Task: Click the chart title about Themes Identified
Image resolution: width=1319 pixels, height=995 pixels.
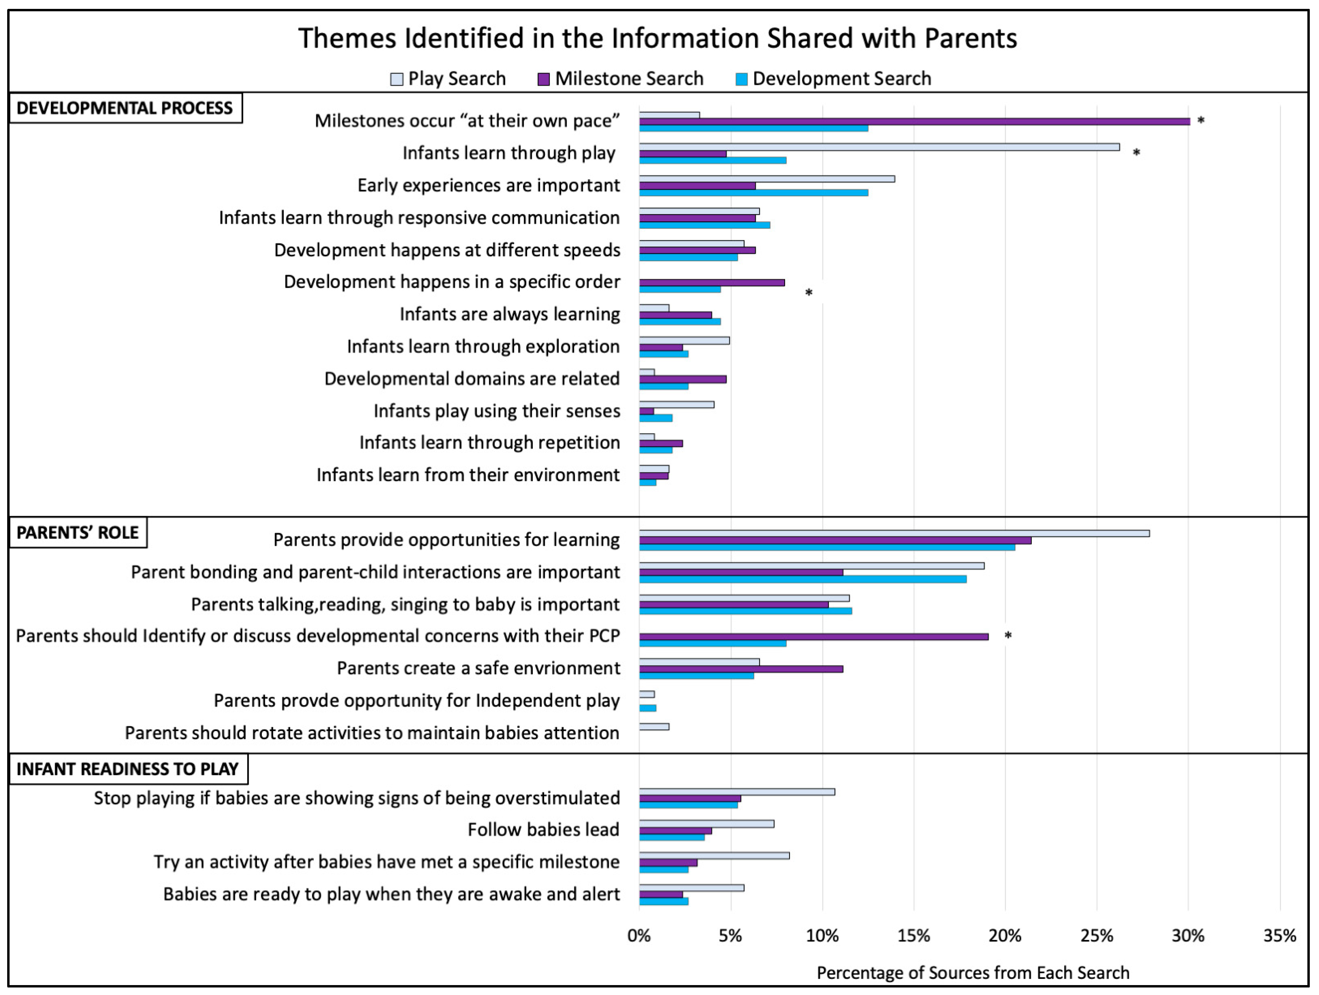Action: point(657,38)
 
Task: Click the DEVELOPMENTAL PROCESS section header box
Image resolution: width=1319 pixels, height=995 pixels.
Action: point(125,108)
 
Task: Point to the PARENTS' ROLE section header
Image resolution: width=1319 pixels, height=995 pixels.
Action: point(78,533)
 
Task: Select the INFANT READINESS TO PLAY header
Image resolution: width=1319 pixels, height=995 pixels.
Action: point(127,769)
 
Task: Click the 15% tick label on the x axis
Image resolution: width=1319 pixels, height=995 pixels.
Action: point(914,936)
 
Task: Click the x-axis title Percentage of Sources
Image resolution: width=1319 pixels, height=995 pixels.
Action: point(972,973)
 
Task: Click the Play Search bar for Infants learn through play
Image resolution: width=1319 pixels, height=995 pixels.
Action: point(879,147)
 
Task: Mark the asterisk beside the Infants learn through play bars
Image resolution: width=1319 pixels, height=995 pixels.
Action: point(1136,153)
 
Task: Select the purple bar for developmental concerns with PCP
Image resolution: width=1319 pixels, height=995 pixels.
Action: point(813,636)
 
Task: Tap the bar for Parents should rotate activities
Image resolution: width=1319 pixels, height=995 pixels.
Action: point(654,727)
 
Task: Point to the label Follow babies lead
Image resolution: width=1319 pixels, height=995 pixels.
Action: point(543,830)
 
